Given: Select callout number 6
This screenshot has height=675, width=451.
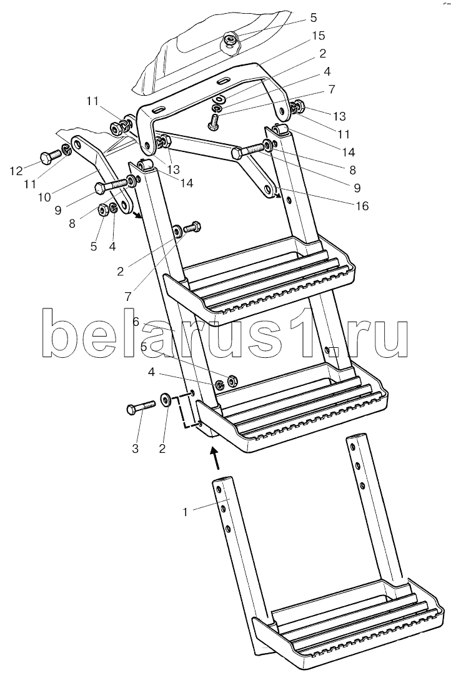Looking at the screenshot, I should coord(135,322).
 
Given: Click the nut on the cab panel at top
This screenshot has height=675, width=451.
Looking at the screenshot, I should coord(231,41).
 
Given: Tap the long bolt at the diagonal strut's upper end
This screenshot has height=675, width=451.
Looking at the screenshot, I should coord(250,150).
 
